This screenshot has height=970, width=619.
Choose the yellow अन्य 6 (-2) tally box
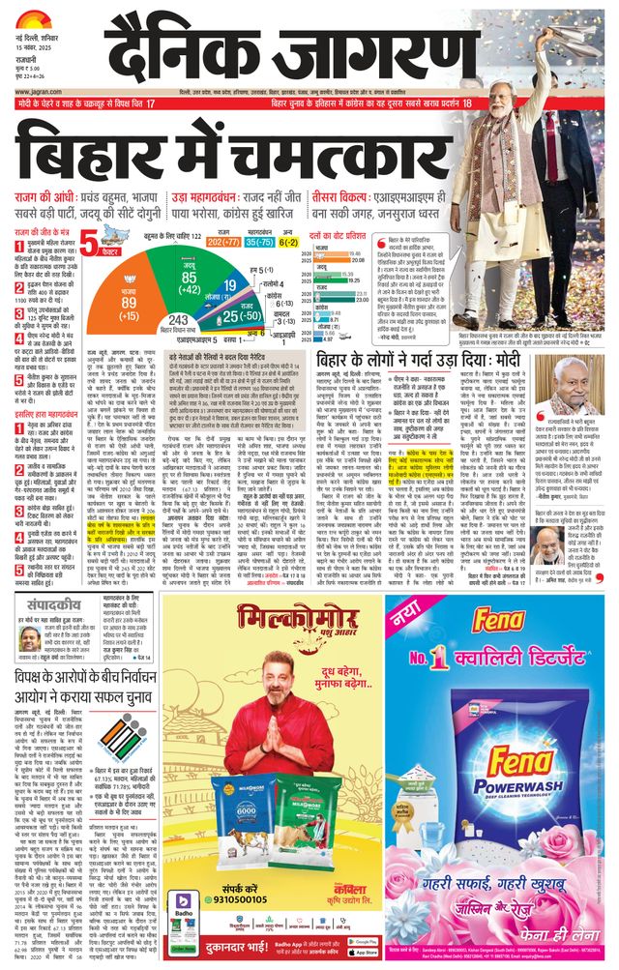[x=288, y=242]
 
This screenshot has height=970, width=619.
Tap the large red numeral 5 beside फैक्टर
[x=89, y=243]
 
